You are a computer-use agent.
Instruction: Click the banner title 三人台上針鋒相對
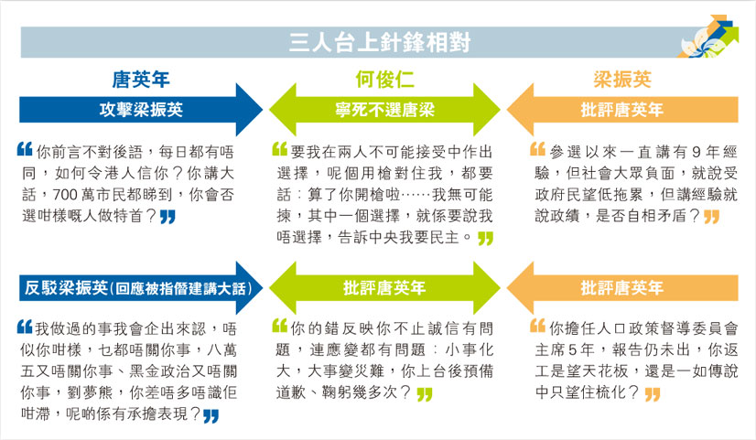coord(380,42)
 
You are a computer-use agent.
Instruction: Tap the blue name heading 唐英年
coord(141,80)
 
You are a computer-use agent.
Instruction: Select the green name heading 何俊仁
coord(384,79)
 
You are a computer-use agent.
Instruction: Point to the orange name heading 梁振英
coord(622,79)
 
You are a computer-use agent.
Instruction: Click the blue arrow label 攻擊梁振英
coord(141,110)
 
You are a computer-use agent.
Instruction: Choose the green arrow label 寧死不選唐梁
coord(384,110)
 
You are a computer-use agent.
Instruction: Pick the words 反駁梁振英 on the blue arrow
coord(66,288)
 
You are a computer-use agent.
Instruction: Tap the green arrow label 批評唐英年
coord(384,288)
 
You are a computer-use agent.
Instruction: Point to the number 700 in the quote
coord(65,195)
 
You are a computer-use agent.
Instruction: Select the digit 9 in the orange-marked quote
coord(697,152)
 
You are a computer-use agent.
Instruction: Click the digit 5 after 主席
coord(572,349)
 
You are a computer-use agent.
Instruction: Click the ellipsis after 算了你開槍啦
coord(416,195)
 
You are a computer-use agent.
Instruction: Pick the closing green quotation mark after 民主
coord(485,239)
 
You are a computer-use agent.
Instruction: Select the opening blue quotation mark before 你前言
coord(25,149)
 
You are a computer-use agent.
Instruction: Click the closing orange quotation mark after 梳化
coord(653,394)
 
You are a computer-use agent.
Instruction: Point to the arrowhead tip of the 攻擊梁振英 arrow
coord(262,110)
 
